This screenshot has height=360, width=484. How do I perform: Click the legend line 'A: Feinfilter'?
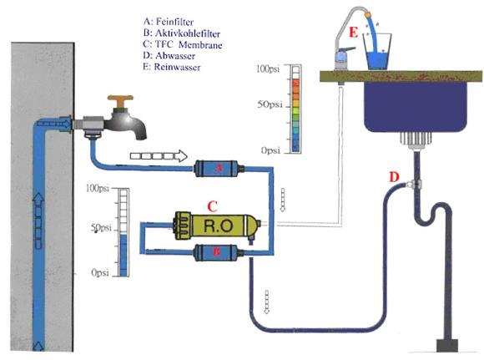pyautogui.click(x=169, y=22)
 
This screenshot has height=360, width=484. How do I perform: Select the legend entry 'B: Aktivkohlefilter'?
pyautogui.click(x=182, y=33)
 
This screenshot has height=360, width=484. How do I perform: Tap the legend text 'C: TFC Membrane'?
pyautogui.click(x=183, y=44)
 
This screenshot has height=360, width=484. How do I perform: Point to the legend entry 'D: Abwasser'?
pyautogui.click(x=169, y=56)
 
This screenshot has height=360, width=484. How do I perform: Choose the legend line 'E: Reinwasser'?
pyautogui.click(x=172, y=67)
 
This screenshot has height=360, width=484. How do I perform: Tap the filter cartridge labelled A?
pyautogui.click(x=219, y=169)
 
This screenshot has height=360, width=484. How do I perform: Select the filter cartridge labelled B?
pyautogui.click(x=217, y=252)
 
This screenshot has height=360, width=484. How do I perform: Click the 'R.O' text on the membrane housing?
pyautogui.click(x=219, y=226)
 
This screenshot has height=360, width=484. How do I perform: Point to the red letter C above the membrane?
pyautogui.click(x=212, y=207)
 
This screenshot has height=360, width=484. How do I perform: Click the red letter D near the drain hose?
pyautogui.click(x=394, y=177)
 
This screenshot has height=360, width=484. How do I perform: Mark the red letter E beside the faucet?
pyautogui.click(x=354, y=32)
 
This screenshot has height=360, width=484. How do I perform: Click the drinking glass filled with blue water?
pyautogui.click(x=377, y=51)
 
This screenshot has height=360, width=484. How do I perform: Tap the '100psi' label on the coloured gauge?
pyautogui.click(x=268, y=68)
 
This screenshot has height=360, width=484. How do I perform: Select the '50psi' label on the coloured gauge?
pyautogui.click(x=270, y=104)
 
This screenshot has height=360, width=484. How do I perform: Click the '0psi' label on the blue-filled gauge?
pyautogui.click(x=100, y=272)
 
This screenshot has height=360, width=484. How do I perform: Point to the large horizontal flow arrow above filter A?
pyautogui.click(x=159, y=156)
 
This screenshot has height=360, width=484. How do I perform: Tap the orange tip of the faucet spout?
pyautogui.click(x=368, y=14)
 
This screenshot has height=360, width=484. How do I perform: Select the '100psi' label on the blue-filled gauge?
pyautogui.click(x=98, y=188)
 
